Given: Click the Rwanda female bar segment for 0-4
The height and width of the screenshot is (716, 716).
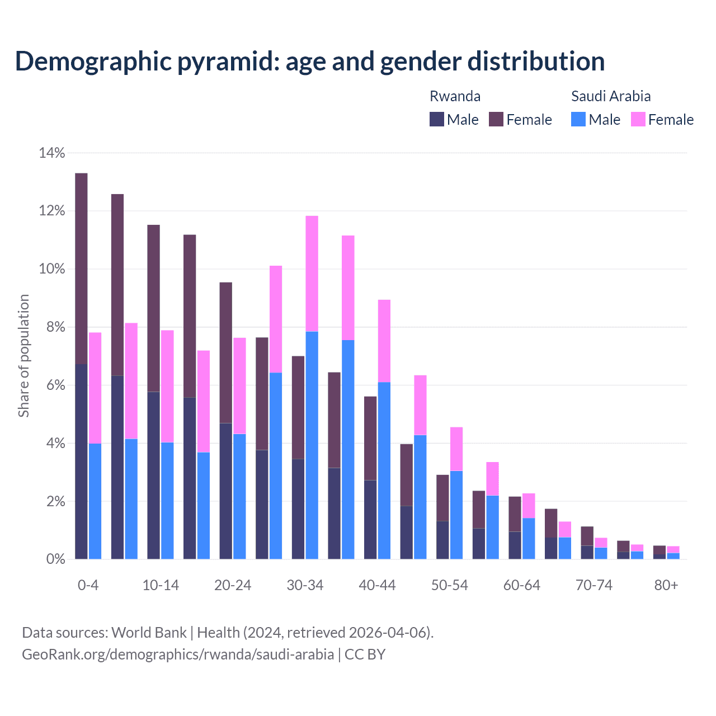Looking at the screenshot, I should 81,268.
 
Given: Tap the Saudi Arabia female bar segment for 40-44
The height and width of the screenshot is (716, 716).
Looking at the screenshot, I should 384,341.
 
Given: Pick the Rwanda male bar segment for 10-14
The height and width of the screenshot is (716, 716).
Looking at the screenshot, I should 153,475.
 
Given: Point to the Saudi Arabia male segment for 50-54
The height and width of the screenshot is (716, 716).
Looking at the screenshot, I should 456,515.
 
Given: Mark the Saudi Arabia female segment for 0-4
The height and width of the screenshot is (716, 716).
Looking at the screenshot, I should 95,388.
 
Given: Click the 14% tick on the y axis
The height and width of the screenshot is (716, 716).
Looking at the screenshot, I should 52,153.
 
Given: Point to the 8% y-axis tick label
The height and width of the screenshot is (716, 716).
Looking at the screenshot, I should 55,327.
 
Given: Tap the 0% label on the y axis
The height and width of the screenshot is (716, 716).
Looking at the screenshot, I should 55,559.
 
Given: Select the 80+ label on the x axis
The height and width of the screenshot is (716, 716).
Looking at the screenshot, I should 666,585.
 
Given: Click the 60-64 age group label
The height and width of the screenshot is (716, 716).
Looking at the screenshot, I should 522,585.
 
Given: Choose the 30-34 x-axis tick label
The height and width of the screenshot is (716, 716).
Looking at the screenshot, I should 305,585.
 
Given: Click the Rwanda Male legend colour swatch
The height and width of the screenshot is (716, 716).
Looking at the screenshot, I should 437,119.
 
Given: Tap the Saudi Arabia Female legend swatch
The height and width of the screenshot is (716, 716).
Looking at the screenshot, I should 638,119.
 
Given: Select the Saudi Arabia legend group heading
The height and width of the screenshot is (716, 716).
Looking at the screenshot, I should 611,96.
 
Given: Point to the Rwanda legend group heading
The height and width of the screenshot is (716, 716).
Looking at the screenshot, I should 455,96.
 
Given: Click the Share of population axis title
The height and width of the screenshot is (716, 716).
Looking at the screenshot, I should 23,356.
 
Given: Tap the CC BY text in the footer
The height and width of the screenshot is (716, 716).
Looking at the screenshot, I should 365,654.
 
